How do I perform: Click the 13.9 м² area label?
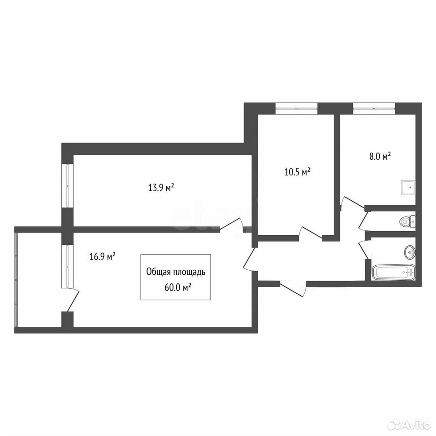click(161, 188)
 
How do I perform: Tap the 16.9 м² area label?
click(103, 256)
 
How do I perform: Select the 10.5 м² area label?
click(297, 172)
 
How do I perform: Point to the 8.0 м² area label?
click(380, 156)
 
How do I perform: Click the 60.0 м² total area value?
click(178, 287)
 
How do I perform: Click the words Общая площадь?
click(176, 272)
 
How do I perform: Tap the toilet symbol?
click(407, 221)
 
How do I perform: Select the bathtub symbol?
click(393, 272)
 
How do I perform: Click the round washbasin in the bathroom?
click(409, 252)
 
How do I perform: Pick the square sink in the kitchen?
click(408, 188)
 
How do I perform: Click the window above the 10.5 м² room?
click(297, 108)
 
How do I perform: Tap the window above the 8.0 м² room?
click(374, 108)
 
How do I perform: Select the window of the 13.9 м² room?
click(68, 185)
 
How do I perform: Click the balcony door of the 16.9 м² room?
click(73, 300)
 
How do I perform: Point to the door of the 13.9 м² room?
click(233, 224)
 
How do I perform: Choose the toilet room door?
click(363, 220)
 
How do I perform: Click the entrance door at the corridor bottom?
click(293, 289)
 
